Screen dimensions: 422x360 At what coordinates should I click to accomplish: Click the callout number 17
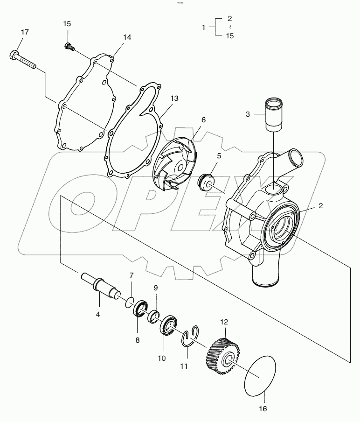pos(25,32)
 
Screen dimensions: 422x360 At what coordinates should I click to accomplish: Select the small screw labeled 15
pos(69,46)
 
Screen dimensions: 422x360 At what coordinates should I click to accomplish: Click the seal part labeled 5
pos(206,181)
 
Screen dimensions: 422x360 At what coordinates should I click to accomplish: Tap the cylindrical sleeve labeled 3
pos(275,115)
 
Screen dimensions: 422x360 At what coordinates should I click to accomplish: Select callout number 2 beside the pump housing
pos(320,205)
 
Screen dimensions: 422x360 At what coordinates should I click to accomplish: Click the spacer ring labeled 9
pos(154,317)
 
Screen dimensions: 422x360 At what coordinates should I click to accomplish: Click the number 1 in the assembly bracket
pos(203,28)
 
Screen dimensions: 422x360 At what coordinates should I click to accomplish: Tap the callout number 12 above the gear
pos(224,322)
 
